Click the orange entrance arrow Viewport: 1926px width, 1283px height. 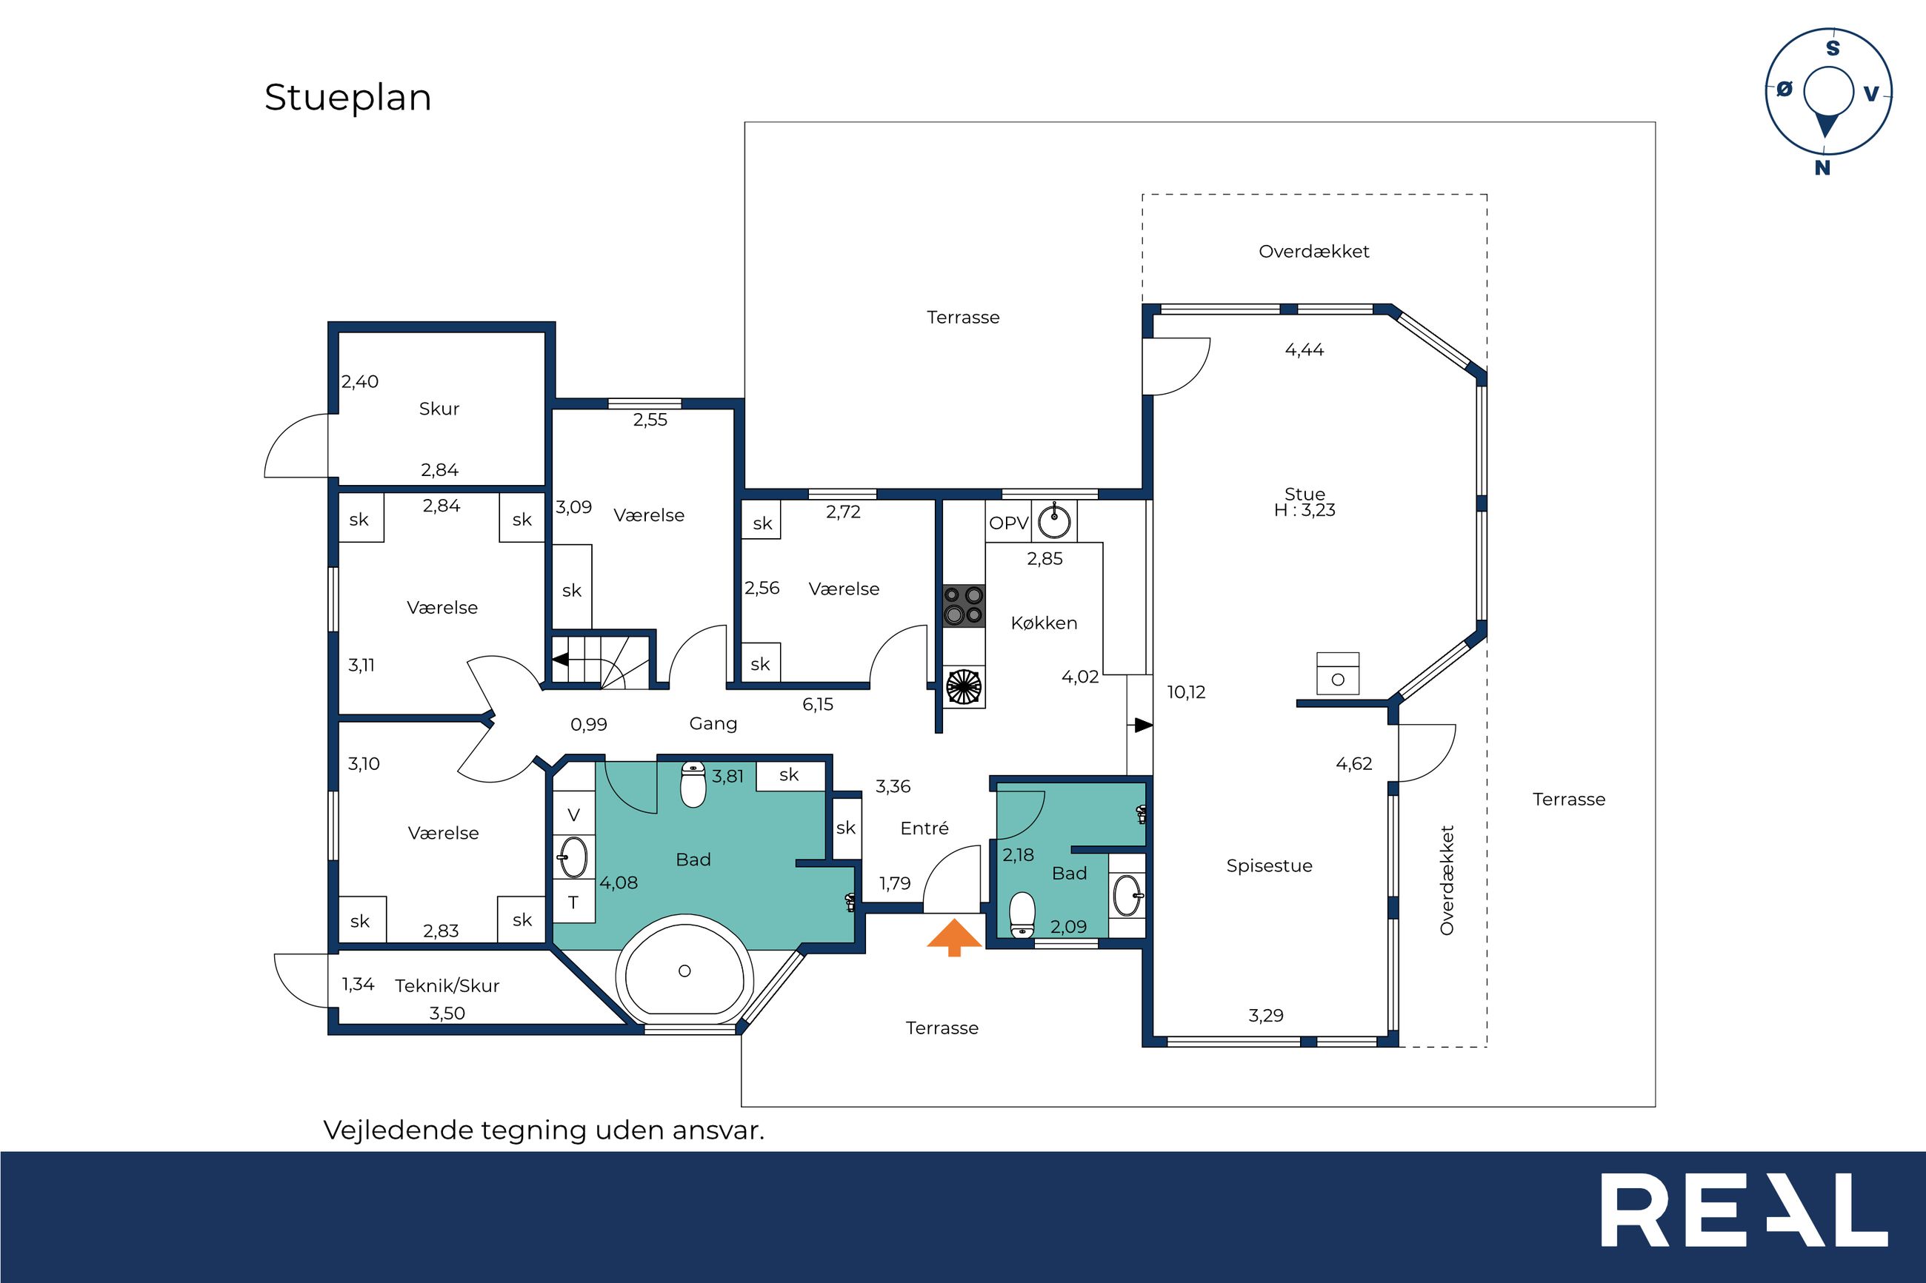[953, 937]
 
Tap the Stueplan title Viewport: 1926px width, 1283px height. [348, 98]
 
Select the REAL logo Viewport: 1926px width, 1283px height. [1744, 1210]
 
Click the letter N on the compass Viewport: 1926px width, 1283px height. [1822, 168]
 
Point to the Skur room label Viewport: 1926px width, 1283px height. [439, 409]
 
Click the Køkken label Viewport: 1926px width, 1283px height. [1044, 623]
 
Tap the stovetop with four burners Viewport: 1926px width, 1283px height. [964, 606]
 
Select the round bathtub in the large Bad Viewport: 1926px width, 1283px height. [684, 971]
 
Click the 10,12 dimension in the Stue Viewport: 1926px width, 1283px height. [1186, 692]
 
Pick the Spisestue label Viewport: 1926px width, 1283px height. [1269, 865]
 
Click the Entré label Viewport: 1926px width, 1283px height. [924, 828]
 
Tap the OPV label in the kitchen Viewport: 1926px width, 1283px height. [1008, 523]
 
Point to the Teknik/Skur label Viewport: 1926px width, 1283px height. [447, 985]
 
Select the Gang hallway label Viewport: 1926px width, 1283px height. [713, 723]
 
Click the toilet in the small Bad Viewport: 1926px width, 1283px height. [1022, 915]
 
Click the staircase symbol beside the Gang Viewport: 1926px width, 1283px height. [601, 660]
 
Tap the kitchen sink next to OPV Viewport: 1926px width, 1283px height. [1054, 521]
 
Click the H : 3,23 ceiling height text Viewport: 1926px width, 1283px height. [1304, 510]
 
